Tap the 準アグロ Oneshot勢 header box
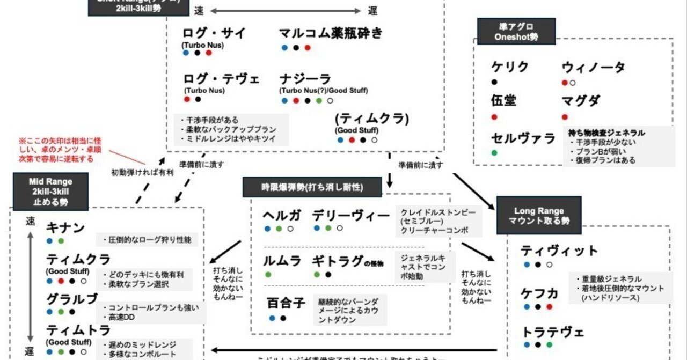(x=508, y=31)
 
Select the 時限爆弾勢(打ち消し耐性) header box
(x=312, y=187)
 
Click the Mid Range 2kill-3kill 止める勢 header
(x=50, y=190)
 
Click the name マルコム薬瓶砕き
(x=331, y=33)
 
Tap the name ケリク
(x=510, y=67)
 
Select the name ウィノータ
(x=593, y=68)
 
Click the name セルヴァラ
(x=523, y=138)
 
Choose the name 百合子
(x=286, y=303)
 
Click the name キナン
(x=65, y=228)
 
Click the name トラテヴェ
(x=553, y=332)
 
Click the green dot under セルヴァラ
(x=494, y=153)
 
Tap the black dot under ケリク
(x=494, y=82)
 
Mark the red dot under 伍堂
(x=494, y=117)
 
